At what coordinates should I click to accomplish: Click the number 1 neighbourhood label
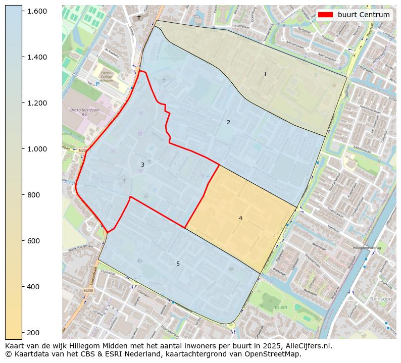(x=265, y=75)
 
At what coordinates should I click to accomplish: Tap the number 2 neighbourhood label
(x=228, y=122)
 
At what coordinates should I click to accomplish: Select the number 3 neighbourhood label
(x=142, y=165)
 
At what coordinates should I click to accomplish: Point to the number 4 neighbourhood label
(x=240, y=218)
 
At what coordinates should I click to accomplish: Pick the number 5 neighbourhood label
(x=178, y=264)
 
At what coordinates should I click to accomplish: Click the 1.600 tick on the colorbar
(x=37, y=11)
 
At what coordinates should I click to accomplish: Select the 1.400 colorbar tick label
(x=37, y=57)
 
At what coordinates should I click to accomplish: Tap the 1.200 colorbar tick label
(x=37, y=103)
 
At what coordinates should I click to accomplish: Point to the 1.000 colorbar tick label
(x=37, y=149)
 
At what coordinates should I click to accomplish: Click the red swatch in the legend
(x=326, y=15)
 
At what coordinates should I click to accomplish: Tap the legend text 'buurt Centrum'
(x=364, y=15)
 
